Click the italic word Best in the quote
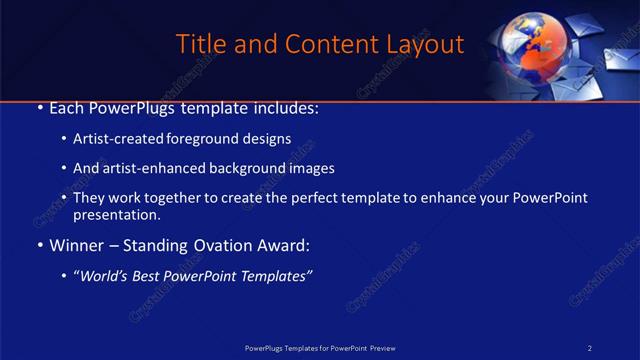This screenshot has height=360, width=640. [152, 276]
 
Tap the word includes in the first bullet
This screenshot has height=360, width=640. [286, 107]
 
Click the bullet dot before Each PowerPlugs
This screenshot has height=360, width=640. [39, 108]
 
